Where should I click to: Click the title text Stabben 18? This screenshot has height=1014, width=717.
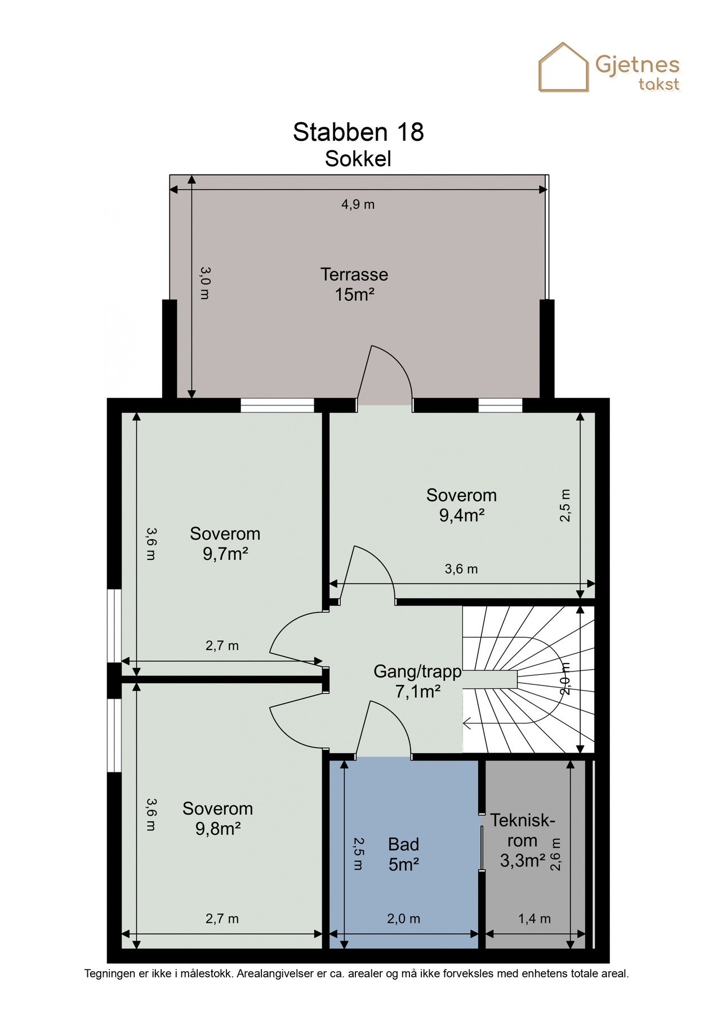358,132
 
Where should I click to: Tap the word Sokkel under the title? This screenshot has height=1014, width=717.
358,159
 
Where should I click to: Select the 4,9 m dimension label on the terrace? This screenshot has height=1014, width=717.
358,204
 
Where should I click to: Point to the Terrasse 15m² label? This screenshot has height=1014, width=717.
354,284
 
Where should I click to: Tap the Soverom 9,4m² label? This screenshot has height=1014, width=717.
461,505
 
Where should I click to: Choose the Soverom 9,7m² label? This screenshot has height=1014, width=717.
225,544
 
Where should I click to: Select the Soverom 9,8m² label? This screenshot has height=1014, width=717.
217,819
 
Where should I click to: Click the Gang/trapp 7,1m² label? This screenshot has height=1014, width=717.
417,681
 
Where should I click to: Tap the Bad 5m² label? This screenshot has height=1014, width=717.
403,854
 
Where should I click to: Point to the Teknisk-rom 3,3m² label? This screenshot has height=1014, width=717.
522,840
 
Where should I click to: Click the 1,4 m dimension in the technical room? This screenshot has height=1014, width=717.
534,919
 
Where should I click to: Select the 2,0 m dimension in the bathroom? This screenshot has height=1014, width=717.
403,919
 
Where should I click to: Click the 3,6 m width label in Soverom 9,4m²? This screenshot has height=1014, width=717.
461,569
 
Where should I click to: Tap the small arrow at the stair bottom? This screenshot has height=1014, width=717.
467,722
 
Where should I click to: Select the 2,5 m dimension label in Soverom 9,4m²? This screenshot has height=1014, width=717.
565,505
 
